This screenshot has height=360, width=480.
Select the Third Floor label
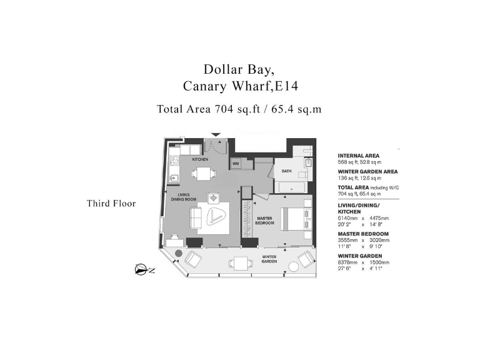(111, 203)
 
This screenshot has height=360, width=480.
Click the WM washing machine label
(236, 164)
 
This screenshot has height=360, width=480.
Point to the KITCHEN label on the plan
(200, 159)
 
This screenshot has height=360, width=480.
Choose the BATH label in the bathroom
(286, 171)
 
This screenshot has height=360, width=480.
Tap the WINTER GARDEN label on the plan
(269, 259)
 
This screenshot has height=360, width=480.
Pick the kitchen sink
(174, 179)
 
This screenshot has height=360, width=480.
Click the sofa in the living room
(196, 219)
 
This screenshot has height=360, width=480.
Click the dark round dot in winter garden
(178, 254)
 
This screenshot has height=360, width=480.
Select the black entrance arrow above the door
(216, 134)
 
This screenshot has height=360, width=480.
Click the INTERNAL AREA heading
(358, 156)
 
